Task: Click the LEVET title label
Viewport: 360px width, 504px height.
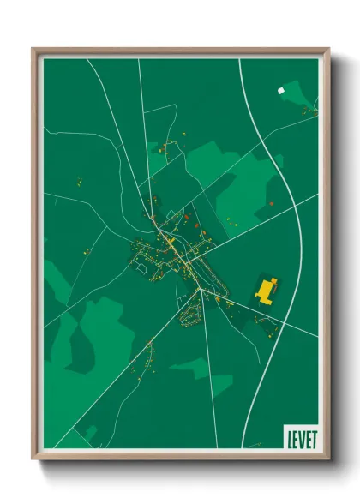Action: click(300, 436)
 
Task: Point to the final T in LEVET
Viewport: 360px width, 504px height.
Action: click(313, 436)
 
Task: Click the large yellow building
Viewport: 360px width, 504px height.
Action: click(267, 291)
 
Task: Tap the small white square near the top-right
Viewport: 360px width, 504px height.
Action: click(279, 89)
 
